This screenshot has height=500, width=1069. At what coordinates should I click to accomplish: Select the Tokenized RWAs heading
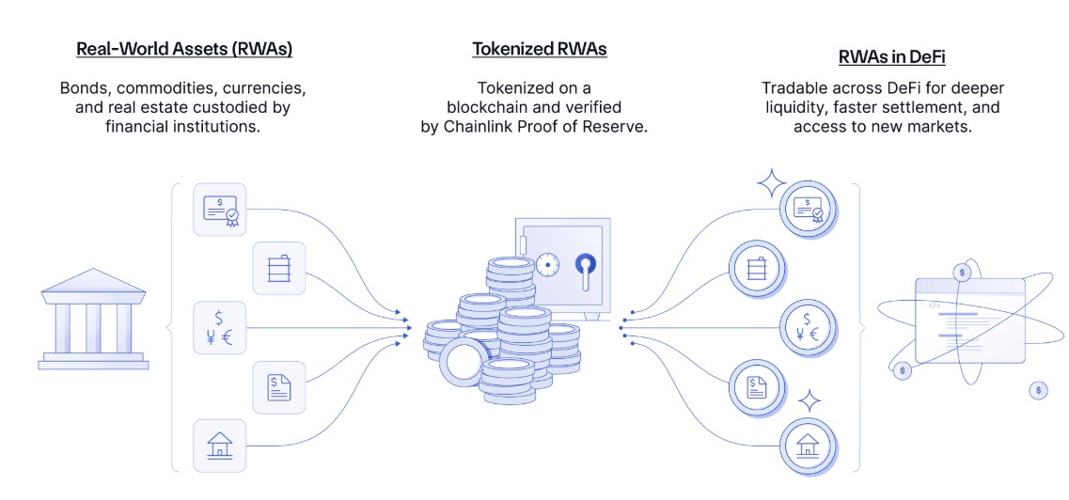(539, 49)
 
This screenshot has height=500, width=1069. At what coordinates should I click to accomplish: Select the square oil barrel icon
(279, 269)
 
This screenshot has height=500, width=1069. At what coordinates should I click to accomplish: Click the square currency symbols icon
(219, 327)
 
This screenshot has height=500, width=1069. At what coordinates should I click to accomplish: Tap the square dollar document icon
(279, 386)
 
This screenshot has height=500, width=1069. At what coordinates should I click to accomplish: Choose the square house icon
(219, 445)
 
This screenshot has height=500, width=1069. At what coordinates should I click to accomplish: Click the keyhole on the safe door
(586, 272)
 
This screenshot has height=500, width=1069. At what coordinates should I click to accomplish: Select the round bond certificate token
(808, 209)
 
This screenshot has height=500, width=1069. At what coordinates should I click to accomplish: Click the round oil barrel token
(756, 269)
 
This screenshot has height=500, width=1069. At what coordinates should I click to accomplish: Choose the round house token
(808, 445)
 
